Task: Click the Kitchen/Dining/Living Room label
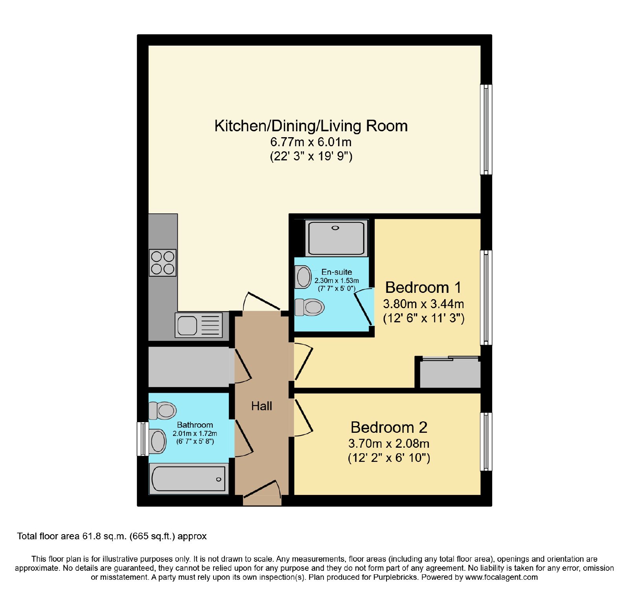pyautogui.click(x=311, y=126)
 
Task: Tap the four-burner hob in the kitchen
pyautogui.click(x=163, y=263)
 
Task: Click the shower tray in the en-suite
pyautogui.click(x=337, y=238)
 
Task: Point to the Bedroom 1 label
pyautogui.click(x=423, y=287)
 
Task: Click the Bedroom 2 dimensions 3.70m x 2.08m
pyautogui.click(x=389, y=443)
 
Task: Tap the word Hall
pyautogui.click(x=261, y=406)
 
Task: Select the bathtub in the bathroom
pyautogui.click(x=189, y=478)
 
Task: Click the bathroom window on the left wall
pyautogui.click(x=143, y=439)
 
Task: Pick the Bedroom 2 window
pyautogui.click(x=486, y=441)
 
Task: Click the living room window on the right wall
pyautogui.click(x=486, y=129)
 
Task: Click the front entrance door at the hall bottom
pyautogui.click(x=262, y=494)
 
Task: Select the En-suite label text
pyautogui.click(x=337, y=272)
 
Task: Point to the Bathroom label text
pyautogui.click(x=195, y=425)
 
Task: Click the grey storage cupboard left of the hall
pyautogui.click(x=189, y=366)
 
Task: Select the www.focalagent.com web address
pyautogui.click(x=501, y=577)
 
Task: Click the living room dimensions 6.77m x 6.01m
pyautogui.click(x=311, y=142)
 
